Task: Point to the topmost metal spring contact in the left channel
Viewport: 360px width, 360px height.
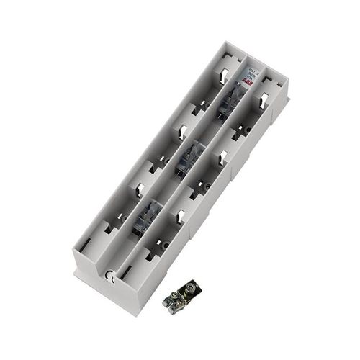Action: (x=225, y=73)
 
